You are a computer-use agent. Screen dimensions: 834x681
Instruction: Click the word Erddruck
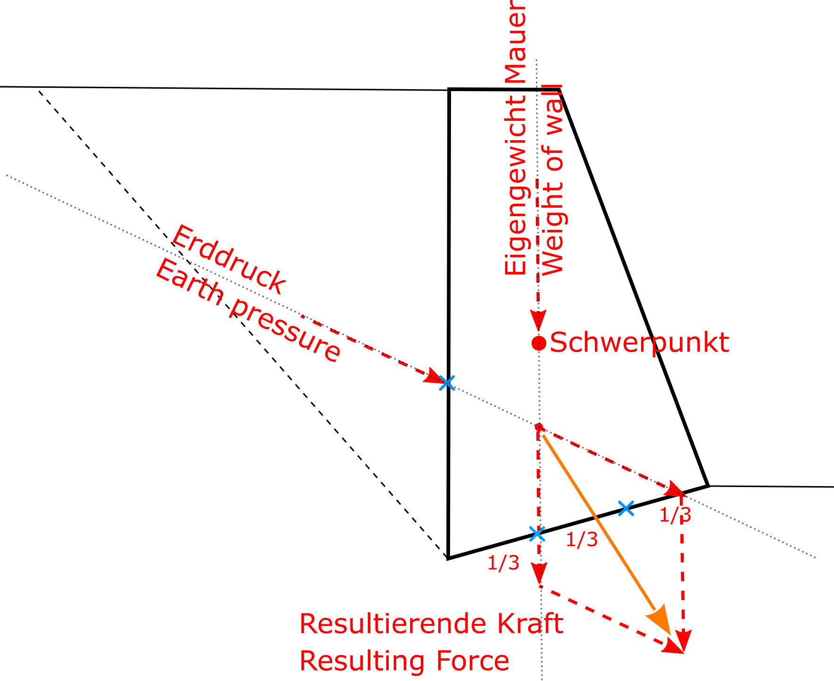click(228, 260)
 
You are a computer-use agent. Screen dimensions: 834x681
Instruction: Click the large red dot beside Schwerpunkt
click(539, 343)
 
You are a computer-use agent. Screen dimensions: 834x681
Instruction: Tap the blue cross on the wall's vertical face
click(447, 383)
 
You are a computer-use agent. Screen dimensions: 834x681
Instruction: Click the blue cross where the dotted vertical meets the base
click(537, 534)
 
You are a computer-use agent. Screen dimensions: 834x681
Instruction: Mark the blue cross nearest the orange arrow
click(625, 508)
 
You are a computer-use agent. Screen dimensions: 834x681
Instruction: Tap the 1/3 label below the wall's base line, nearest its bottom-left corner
click(503, 563)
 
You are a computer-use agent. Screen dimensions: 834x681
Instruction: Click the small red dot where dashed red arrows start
click(539, 427)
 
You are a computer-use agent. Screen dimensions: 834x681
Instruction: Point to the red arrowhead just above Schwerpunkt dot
click(538, 320)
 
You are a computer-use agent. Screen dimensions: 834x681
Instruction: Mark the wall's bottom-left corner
click(448, 558)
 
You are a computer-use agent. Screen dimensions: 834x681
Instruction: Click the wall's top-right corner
click(559, 89)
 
